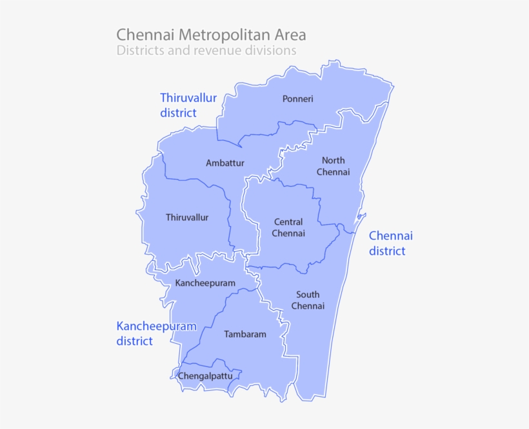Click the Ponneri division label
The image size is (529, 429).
[297, 99]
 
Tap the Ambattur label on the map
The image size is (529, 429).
[225, 163]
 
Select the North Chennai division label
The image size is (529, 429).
[333, 166]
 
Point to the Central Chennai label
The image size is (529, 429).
[288, 227]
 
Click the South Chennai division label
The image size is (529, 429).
[308, 300]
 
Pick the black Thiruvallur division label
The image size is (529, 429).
[187, 217]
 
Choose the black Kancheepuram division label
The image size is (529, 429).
[205, 283]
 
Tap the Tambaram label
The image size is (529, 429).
[245, 334]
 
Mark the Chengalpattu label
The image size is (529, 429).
[205, 375]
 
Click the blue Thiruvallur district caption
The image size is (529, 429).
[188, 105]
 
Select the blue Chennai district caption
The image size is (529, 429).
[390, 243]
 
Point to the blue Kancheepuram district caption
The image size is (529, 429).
[156, 333]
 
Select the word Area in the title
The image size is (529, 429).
[290, 34]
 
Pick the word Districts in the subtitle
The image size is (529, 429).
[139, 50]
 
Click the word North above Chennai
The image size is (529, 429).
[334, 160]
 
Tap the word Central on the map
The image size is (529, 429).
[288, 222]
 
